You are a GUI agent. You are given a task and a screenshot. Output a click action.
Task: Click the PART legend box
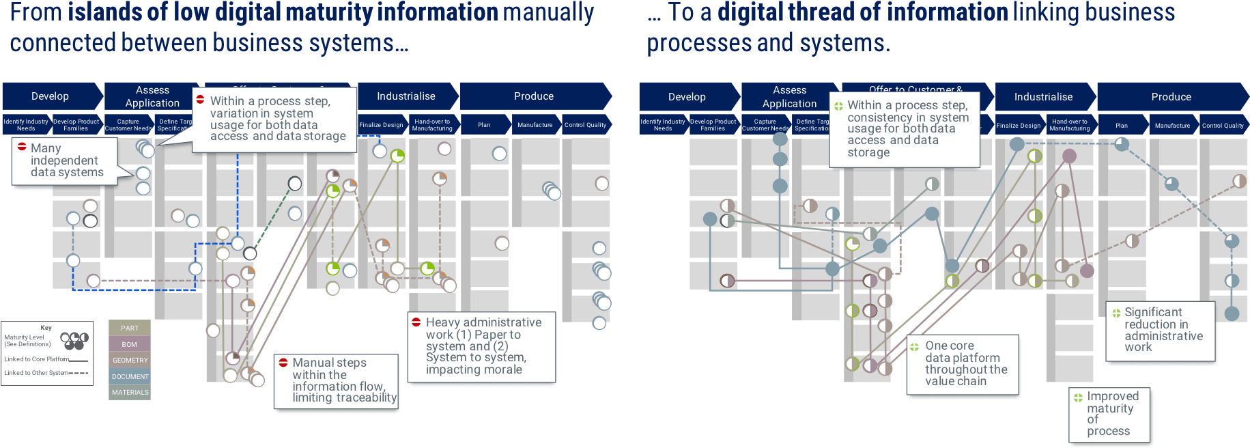130,328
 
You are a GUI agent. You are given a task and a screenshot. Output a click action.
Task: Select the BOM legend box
130,345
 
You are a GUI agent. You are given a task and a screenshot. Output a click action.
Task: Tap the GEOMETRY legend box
130,361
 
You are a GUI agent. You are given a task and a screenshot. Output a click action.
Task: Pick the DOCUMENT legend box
130,377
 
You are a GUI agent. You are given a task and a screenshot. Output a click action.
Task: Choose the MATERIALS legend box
130,393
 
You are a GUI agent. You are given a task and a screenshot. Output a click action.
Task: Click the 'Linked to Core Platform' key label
36,359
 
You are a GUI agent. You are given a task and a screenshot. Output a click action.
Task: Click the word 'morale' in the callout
502,370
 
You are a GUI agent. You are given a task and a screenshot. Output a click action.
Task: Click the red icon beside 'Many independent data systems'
22,147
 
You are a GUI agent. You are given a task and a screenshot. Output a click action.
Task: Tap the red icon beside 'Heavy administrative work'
416,322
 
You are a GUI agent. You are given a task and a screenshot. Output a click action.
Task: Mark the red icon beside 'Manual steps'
283,363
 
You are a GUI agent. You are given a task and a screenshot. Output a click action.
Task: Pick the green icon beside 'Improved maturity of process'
1078,397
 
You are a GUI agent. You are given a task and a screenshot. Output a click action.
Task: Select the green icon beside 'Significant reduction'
1116,313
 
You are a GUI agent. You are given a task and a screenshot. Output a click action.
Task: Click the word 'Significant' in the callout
1153,312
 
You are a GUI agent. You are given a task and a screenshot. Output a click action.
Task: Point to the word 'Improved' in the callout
1113,396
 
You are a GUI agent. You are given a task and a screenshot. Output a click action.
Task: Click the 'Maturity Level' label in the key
24,337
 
